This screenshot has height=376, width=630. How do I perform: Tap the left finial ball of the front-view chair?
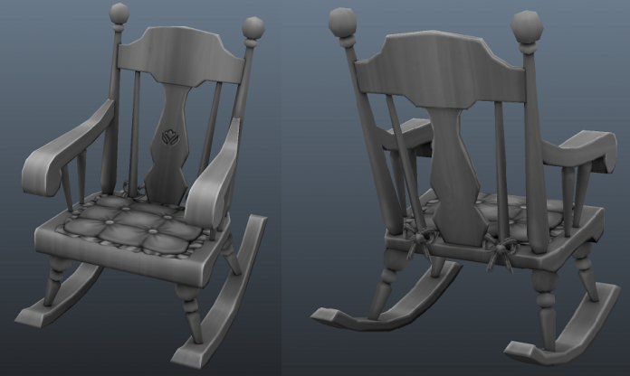(x=119, y=14)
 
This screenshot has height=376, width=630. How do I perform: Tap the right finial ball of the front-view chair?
(x=253, y=28)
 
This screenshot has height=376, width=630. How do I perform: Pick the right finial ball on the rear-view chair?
(x=527, y=26)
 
